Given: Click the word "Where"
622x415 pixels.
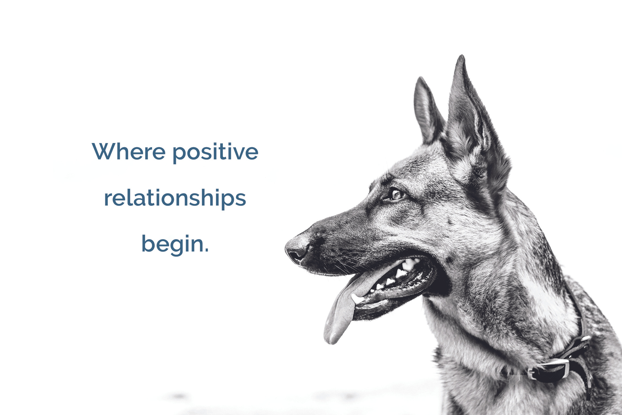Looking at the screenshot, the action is pyautogui.click(x=129, y=151).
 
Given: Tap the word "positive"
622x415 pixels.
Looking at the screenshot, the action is pyautogui.click(x=215, y=153).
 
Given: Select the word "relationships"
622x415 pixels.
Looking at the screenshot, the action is pyautogui.click(x=175, y=198).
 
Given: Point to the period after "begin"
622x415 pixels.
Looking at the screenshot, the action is pyautogui.click(x=207, y=250).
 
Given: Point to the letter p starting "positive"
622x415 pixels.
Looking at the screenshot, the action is pyautogui.click(x=179, y=155).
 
